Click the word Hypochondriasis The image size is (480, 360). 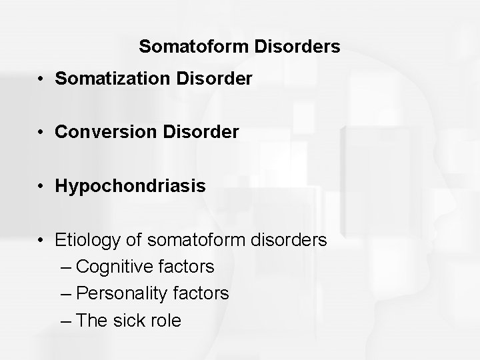pyautogui.click(x=131, y=187)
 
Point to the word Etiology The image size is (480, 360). pyautogui.click(x=88, y=240)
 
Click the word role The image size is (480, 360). pyautogui.click(x=166, y=320)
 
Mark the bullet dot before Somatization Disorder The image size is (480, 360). pyautogui.click(x=41, y=80)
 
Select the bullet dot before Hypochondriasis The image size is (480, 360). pyautogui.click(x=41, y=187)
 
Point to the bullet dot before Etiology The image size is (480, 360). pyautogui.click(x=41, y=240)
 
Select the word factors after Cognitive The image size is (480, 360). pyautogui.click(x=188, y=267)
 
